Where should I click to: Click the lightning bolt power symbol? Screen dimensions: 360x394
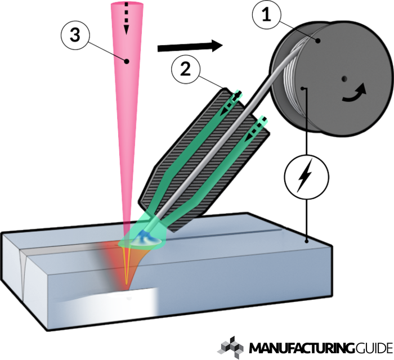point(305,175)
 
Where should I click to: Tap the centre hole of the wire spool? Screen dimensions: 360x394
point(344,78)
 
